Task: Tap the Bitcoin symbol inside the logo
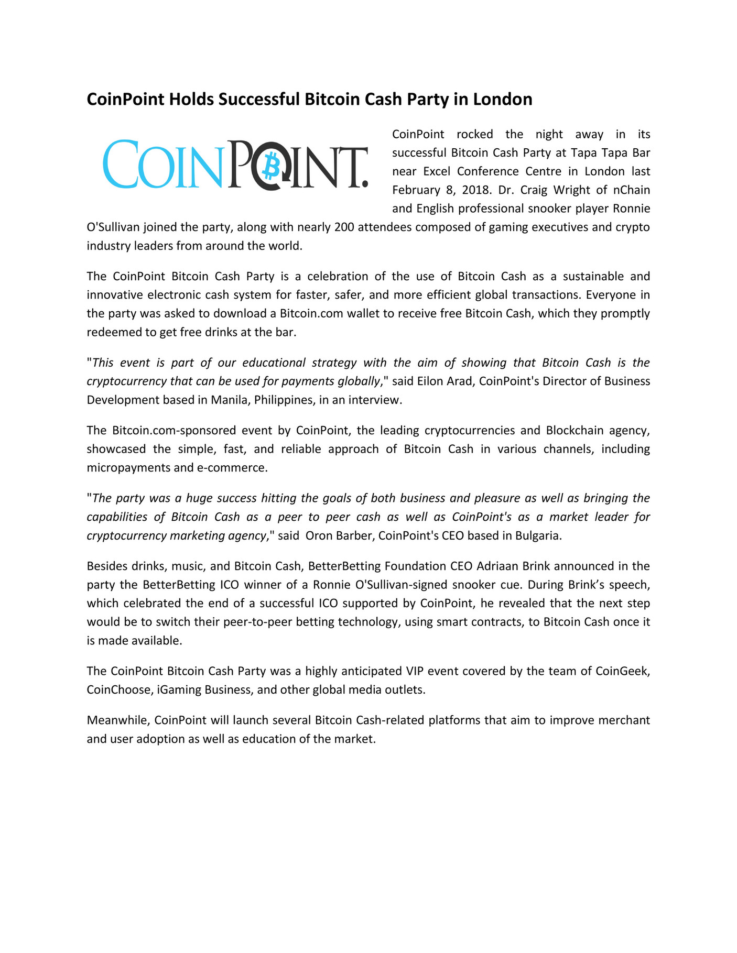(272, 165)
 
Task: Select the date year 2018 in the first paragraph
(475, 190)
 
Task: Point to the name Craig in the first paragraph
(534, 190)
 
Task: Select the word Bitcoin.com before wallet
(311, 313)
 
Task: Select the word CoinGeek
(622, 671)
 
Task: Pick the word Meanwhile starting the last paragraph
(118, 720)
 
